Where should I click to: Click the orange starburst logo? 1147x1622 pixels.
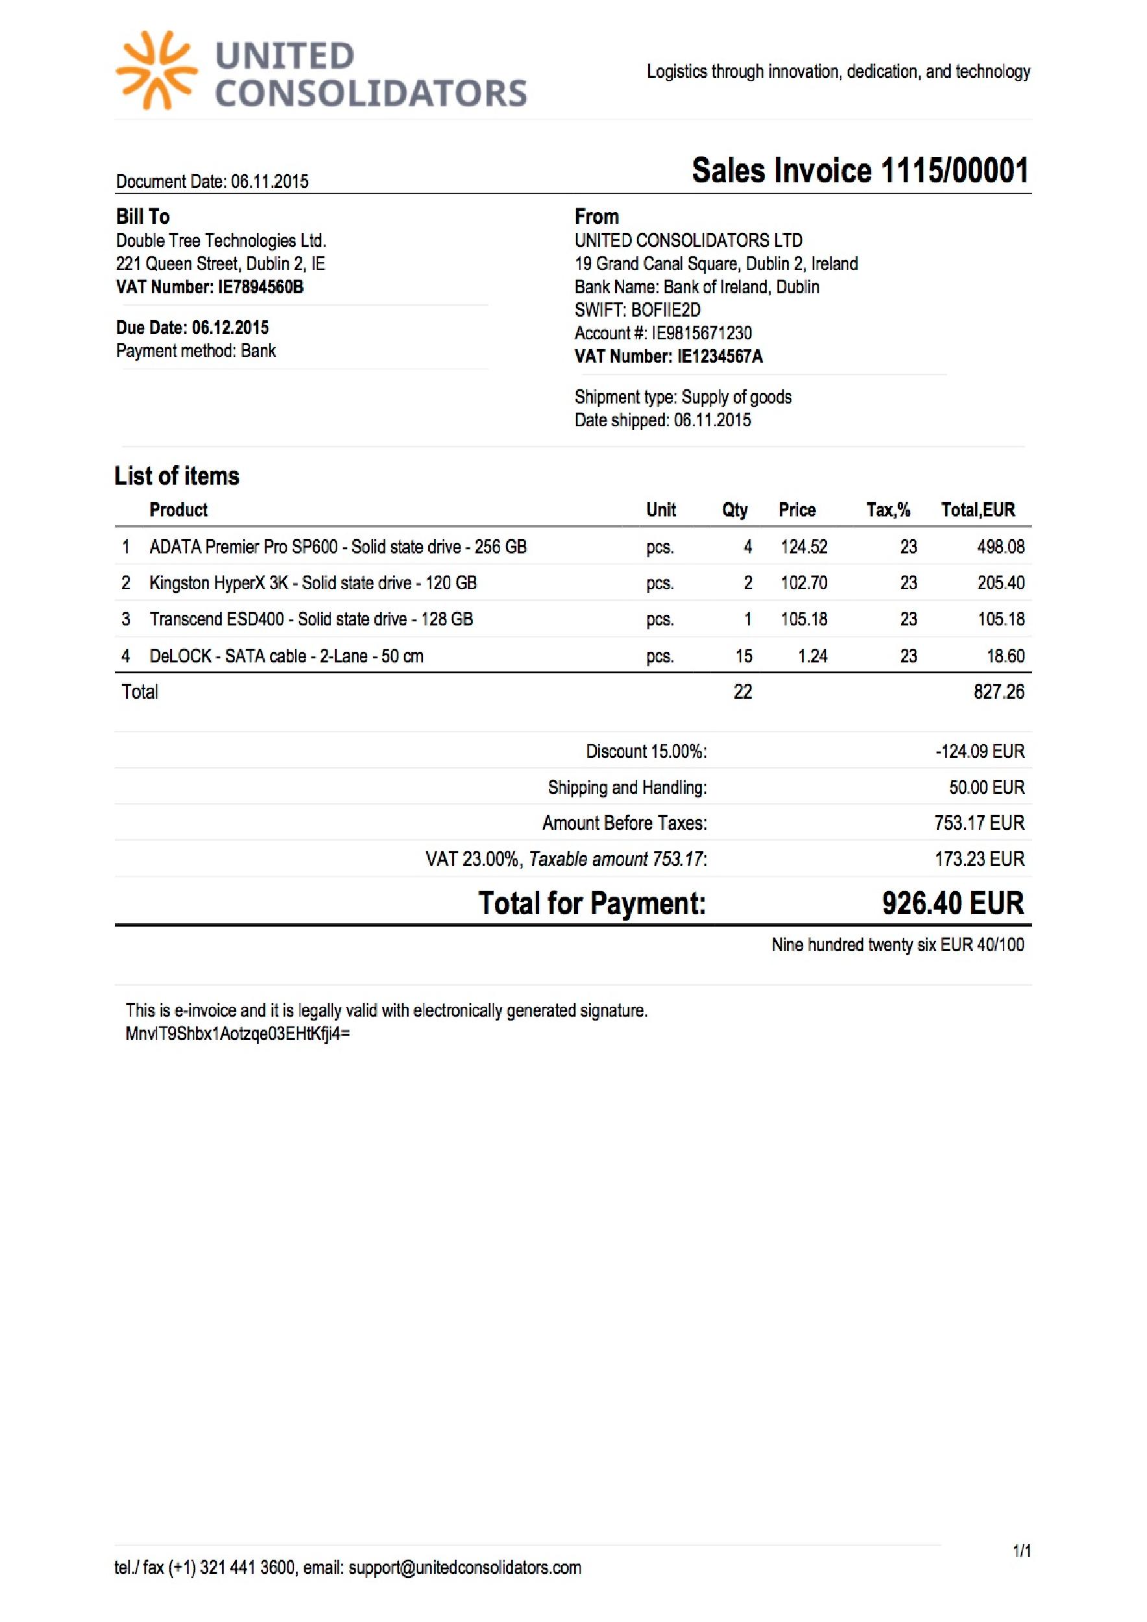point(156,71)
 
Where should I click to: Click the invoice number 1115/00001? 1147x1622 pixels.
point(954,171)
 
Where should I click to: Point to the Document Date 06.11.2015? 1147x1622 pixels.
point(270,182)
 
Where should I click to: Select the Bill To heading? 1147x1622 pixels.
point(143,216)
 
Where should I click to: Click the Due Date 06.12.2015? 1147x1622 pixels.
point(230,328)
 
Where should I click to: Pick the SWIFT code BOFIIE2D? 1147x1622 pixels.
point(666,310)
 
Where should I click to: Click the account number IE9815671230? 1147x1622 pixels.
point(701,333)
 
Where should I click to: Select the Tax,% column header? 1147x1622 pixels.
point(887,510)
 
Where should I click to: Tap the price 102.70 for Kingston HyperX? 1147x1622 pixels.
point(804,583)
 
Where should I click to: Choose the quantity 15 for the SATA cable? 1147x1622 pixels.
point(743,657)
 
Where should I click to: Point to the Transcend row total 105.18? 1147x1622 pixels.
point(1000,620)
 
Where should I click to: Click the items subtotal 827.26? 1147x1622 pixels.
point(998,692)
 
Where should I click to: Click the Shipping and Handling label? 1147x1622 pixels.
point(627,788)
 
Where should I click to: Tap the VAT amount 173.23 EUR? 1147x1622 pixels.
point(979,859)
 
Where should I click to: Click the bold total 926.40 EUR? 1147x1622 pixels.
point(952,903)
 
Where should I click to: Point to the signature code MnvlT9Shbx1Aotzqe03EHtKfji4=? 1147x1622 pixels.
point(237,1034)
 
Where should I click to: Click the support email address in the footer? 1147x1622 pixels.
point(465,1568)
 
